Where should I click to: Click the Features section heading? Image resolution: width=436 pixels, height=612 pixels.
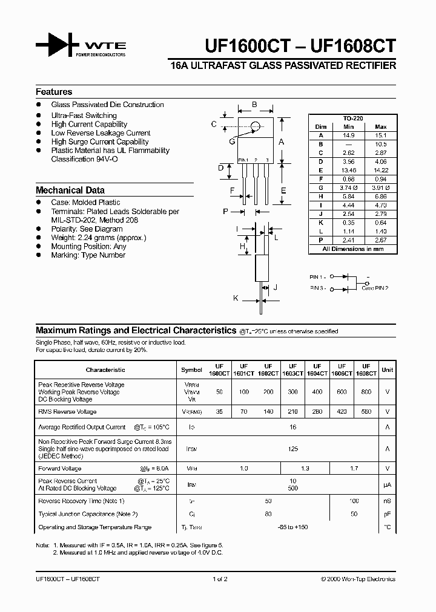point(54,92)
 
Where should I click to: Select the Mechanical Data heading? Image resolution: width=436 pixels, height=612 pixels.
point(70,190)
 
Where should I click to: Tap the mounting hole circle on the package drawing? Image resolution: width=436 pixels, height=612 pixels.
point(256,126)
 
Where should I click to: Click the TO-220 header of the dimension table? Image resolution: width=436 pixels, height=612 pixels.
point(352,119)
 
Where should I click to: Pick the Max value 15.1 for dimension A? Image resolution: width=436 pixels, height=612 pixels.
point(381,135)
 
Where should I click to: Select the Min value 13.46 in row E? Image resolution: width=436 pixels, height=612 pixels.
point(348,171)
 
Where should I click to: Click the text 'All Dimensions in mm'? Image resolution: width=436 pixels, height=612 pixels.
point(352,249)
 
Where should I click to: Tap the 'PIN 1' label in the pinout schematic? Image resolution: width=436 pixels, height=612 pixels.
point(318,276)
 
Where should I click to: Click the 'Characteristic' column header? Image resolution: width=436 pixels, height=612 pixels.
point(105,369)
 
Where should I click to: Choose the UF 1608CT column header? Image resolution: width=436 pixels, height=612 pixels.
point(366,369)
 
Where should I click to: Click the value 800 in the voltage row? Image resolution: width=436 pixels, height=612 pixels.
point(366,392)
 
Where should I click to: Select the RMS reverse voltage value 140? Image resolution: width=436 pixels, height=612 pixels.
point(268,411)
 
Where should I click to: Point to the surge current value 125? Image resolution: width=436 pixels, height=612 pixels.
point(292,449)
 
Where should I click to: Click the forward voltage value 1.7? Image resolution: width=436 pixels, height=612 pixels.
point(354,469)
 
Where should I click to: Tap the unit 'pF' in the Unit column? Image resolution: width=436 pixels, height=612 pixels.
point(387,514)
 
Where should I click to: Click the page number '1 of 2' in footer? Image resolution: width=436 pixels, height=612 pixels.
point(219,579)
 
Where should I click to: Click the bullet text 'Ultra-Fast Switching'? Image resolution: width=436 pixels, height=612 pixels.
point(84,116)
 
